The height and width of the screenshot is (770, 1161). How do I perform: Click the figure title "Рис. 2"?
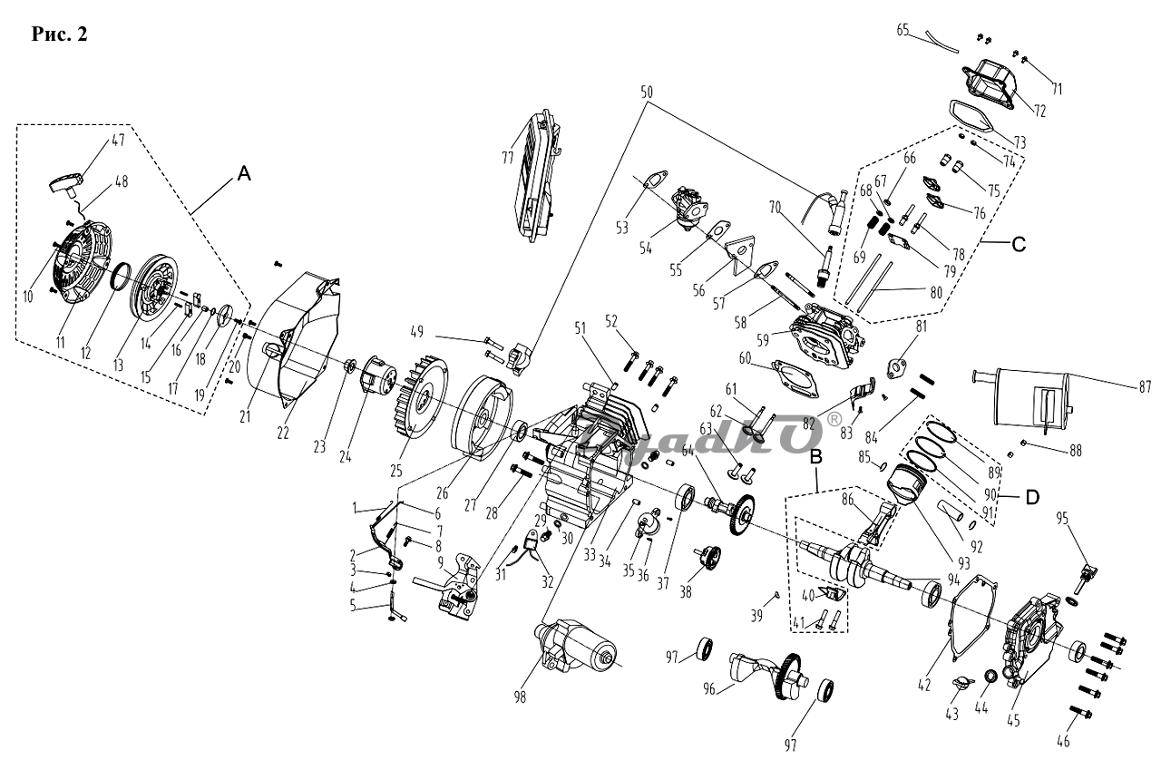pyautogui.click(x=59, y=34)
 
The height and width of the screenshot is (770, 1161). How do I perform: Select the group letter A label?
pyautogui.click(x=243, y=176)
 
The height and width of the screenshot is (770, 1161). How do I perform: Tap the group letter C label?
pyautogui.click(x=1019, y=244)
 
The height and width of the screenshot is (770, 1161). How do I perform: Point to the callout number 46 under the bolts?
pyautogui.click(x=1062, y=742)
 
